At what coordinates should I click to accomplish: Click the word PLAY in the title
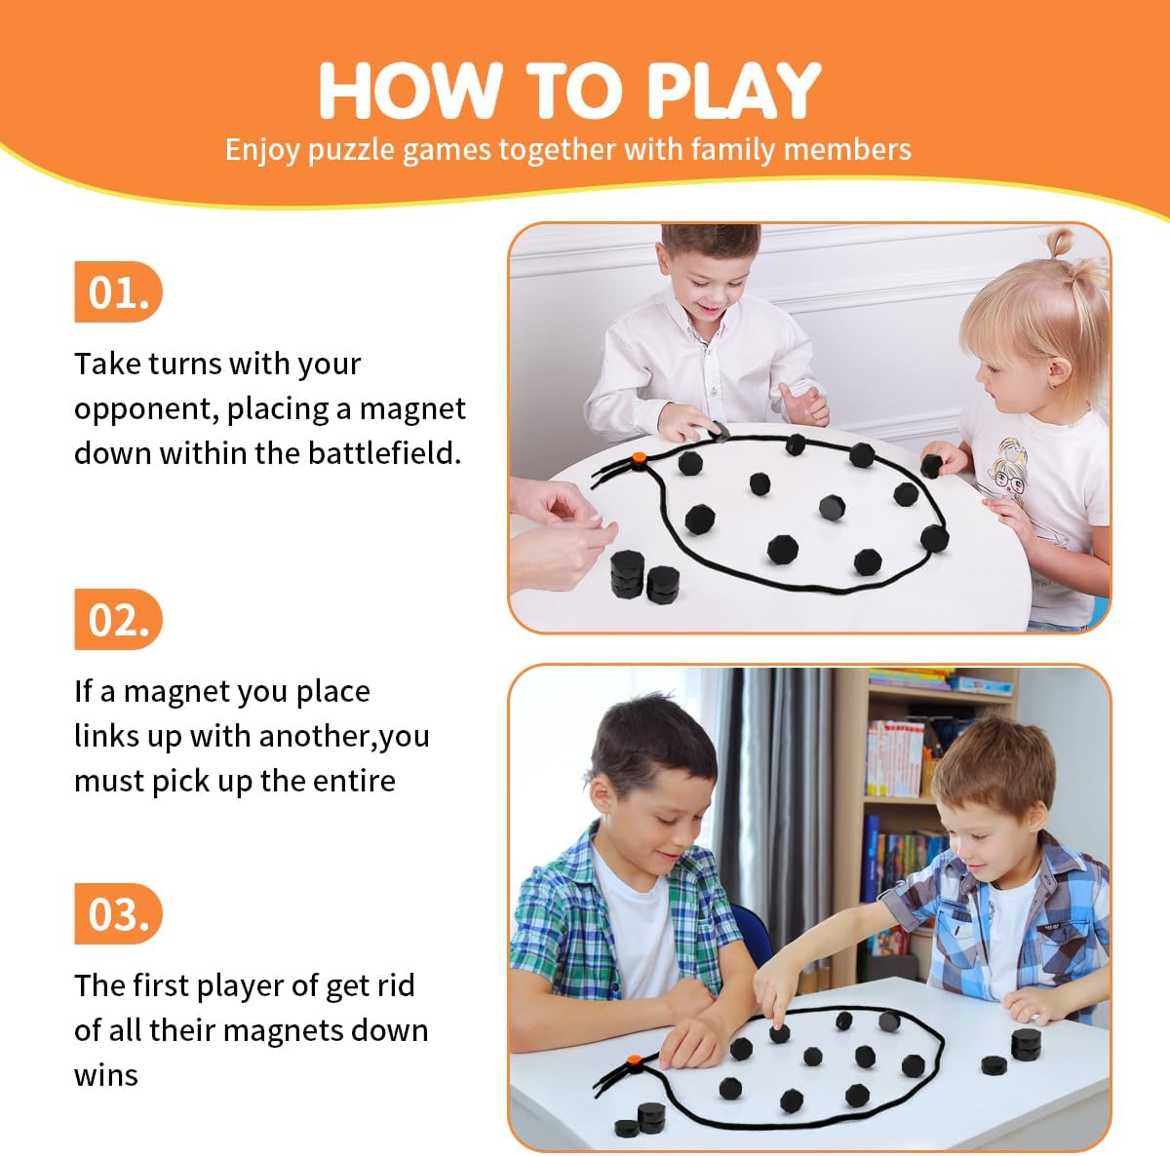(x=733, y=91)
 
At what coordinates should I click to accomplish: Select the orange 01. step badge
(x=117, y=291)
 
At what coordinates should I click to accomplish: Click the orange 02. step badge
(x=117, y=620)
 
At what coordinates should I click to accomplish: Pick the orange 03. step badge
(x=117, y=914)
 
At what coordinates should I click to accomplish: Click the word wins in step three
(x=105, y=1075)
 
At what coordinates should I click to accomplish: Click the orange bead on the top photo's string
(x=639, y=458)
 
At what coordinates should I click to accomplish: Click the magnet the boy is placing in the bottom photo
(x=779, y=1031)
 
